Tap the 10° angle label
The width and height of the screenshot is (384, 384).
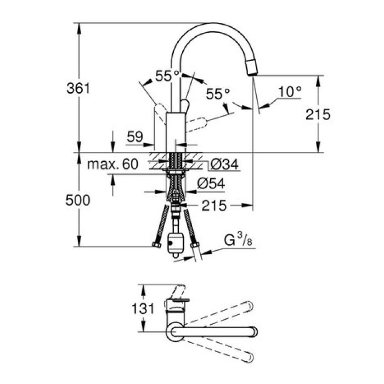(290, 92)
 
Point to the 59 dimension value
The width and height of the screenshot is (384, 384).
(134, 137)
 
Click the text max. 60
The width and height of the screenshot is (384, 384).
(114, 164)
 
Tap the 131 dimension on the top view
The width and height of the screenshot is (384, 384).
(143, 309)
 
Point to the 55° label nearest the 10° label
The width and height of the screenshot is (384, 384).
(217, 94)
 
